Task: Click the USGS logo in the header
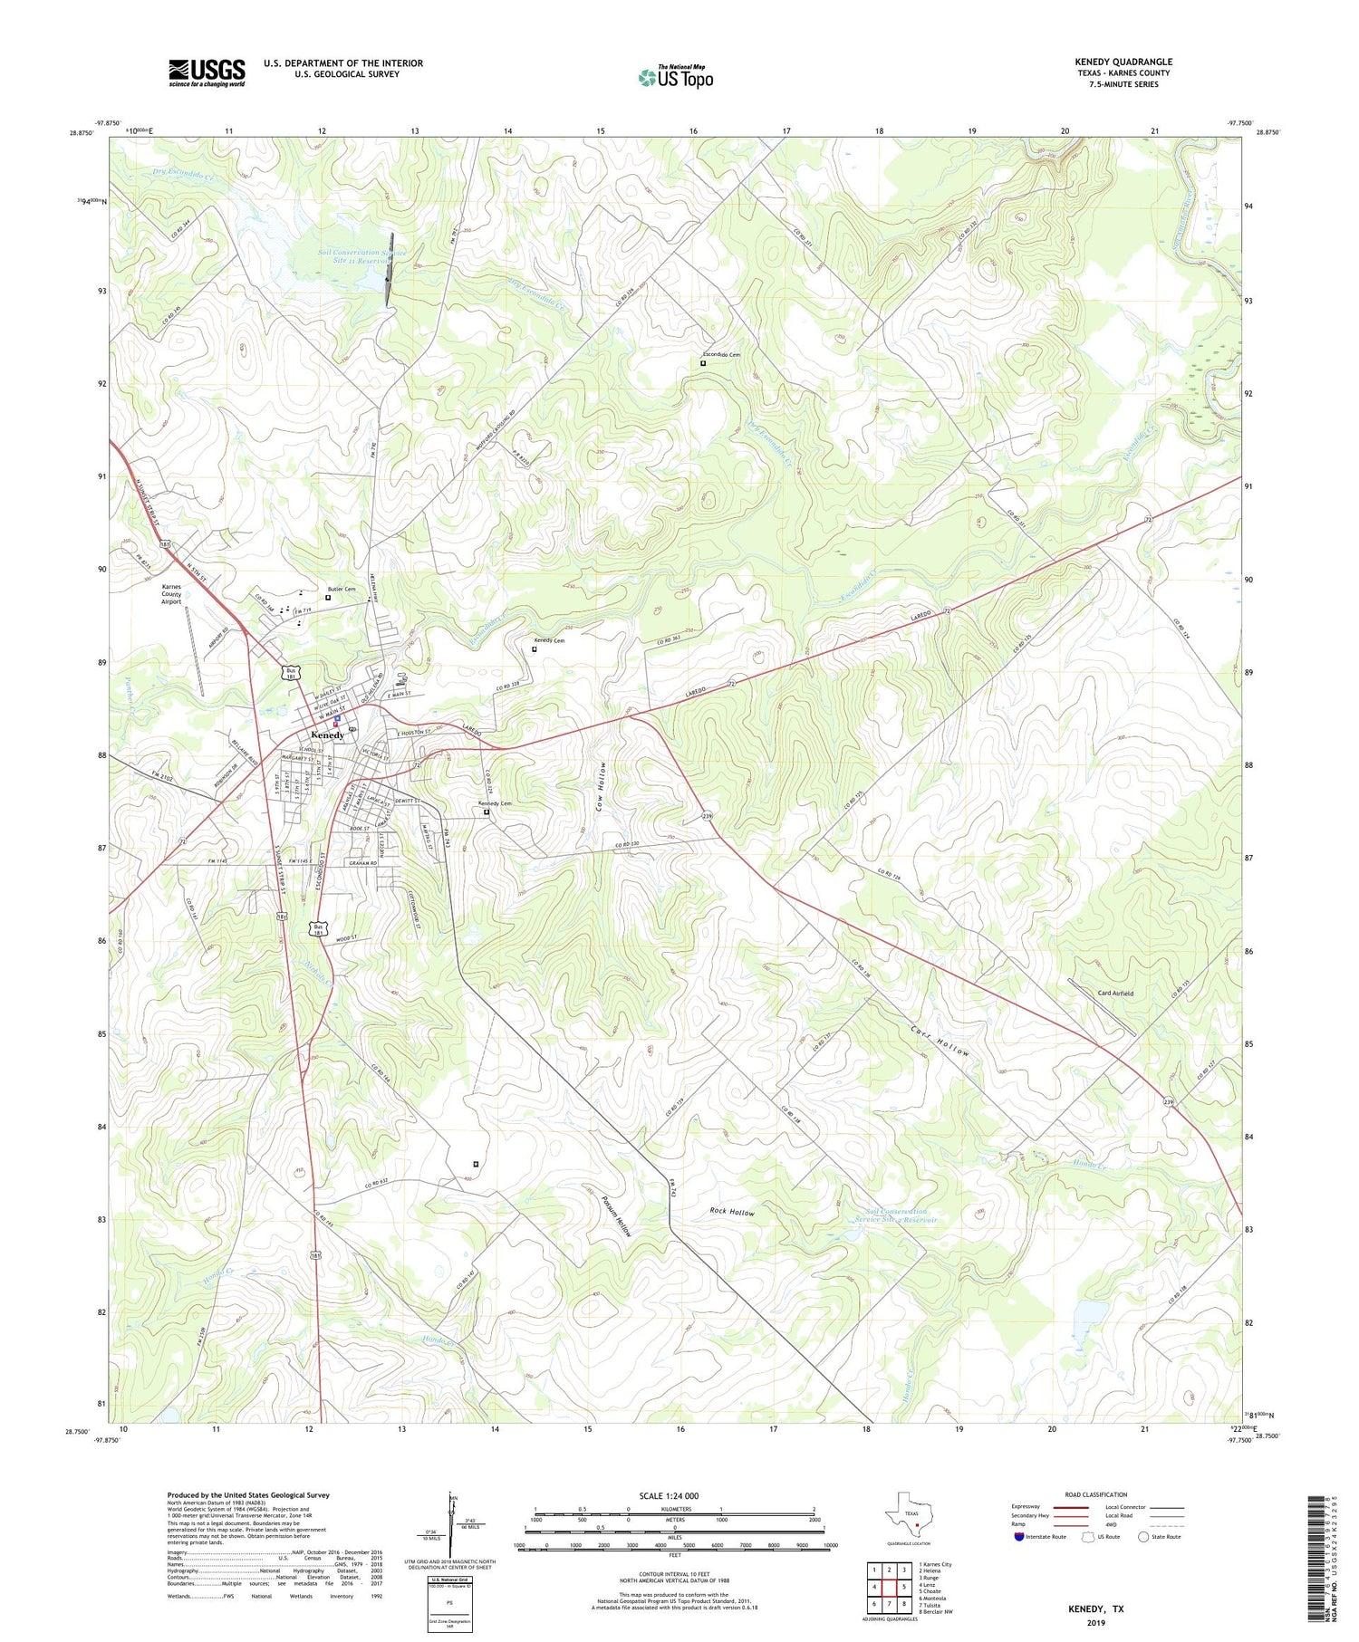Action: click(x=207, y=72)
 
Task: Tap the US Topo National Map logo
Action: click(x=675, y=77)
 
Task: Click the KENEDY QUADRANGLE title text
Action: click(x=1123, y=62)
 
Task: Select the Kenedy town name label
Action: click(x=327, y=735)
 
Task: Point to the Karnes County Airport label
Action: click(x=171, y=594)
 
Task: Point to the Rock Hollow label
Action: click(x=731, y=1212)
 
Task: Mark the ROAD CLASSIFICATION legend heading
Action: click(x=1096, y=1494)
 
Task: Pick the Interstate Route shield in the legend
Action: click(x=1019, y=1537)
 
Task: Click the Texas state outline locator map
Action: click(x=911, y=1513)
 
